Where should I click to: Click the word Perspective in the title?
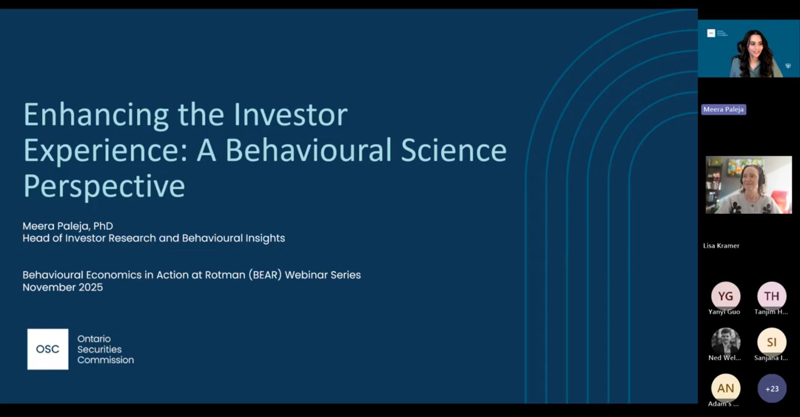click(104, 186)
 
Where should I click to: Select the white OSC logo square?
click(48, 349)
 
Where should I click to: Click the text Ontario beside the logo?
click(94, 339)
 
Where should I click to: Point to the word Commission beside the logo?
click(105, 360)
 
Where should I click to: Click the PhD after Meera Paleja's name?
click(103, 226)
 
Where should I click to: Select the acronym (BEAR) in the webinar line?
click(265, 275)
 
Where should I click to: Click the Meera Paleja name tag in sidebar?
click(723, 110)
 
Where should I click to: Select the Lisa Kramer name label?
click(721, 246)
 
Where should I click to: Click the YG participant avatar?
click(725, 296)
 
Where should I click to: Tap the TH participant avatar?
click(772, 296)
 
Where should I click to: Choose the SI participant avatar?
click(772, 342)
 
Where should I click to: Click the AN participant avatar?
click(725, 388)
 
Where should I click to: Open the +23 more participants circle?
click(772, 389)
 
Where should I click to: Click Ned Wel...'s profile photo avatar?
click(725, 341)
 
